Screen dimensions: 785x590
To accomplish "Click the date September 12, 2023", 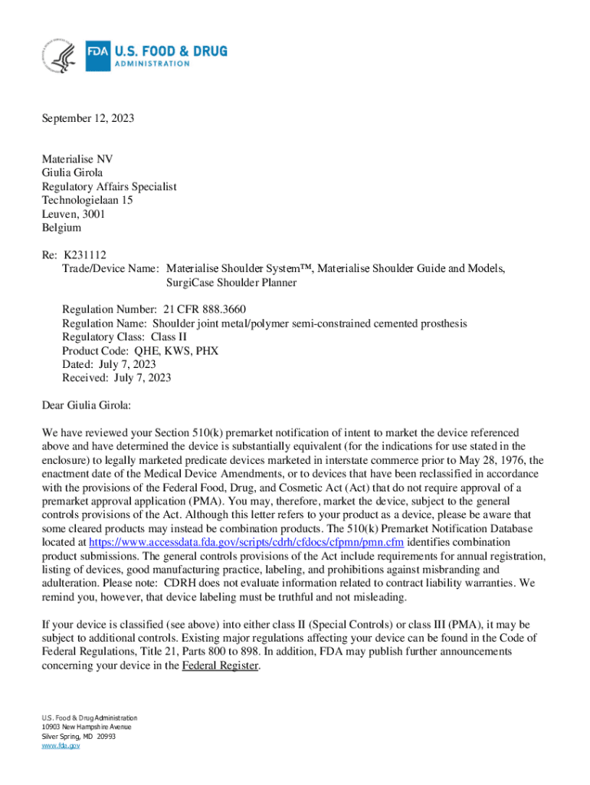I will click(x=88, y=118).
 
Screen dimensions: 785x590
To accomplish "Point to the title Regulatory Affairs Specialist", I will click(x=109, y=186).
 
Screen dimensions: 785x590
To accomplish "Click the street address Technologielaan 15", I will click(x=87, y=200).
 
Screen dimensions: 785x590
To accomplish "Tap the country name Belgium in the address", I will click(x=61, y=228).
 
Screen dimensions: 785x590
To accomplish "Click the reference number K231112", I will click(x=85, y=255).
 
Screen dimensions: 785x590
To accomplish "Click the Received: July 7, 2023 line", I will click(x=116, y=378).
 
